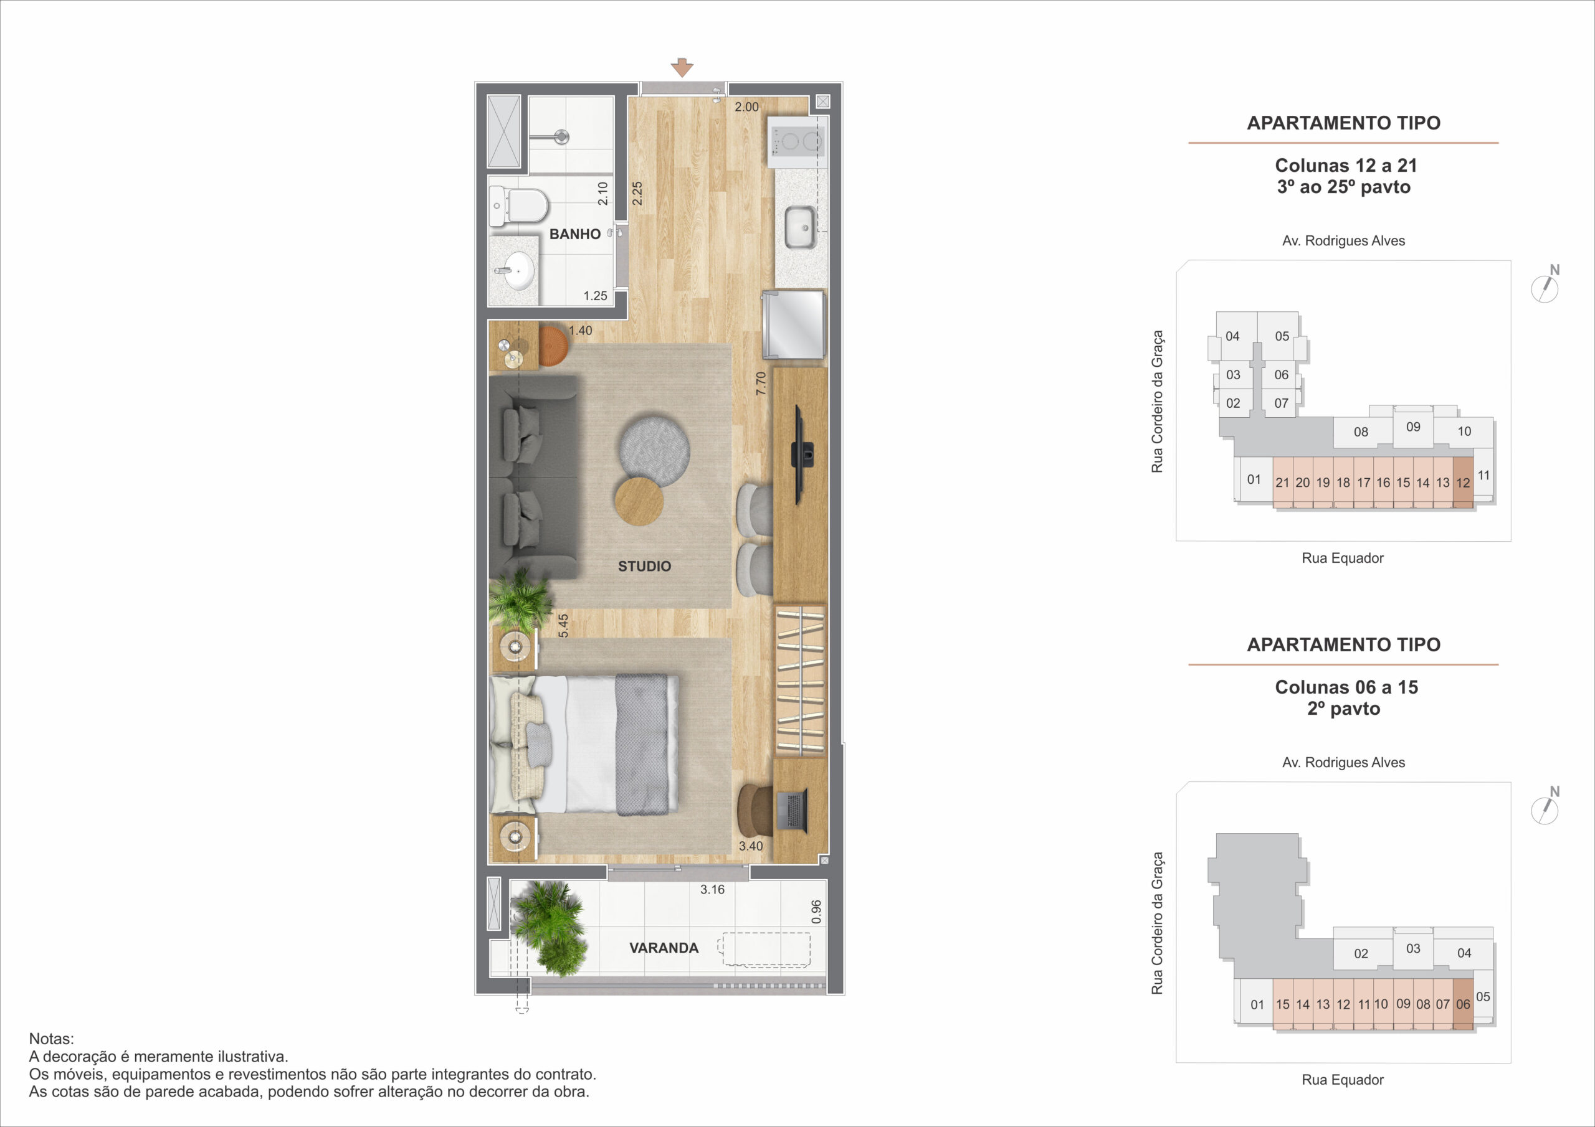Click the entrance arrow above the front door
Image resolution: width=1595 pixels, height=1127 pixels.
point(682,67)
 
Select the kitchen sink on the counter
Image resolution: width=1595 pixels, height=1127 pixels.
point(799,227)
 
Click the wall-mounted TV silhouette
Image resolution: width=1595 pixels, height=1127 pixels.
point(802,455)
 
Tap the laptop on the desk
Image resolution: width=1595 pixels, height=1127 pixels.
point(791,810)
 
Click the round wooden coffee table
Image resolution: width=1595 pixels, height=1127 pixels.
point(639,501)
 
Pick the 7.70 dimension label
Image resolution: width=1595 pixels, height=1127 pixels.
point(761,384)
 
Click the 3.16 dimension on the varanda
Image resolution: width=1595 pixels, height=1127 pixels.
point(712,890)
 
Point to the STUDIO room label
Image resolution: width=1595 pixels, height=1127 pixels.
point(645,566)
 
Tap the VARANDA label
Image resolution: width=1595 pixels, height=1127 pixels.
point(664,948)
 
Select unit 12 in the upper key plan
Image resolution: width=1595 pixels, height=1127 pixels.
point(1463,483)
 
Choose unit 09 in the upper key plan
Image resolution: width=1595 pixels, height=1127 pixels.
point(1413,427)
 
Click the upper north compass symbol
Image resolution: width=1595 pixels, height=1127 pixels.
point(1546,286)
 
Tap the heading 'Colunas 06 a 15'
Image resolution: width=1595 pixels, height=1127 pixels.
point(1346,687)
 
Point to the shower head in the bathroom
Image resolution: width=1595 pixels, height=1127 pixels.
point(561,136)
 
